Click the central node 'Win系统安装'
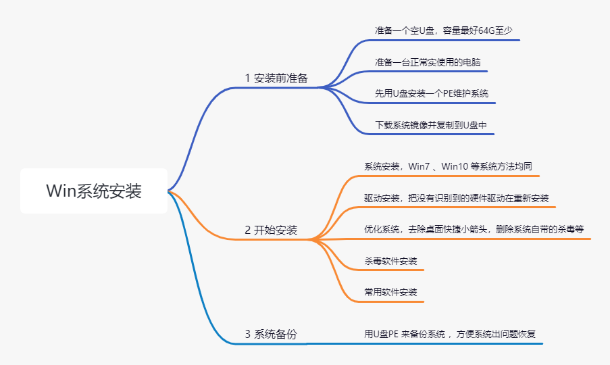tap(94, 191)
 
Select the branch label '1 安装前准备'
tap(276, 78)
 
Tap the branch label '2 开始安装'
tap(271, 230)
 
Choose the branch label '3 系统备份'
tap(271, 334)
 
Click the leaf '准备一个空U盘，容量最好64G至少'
tap(447, 30)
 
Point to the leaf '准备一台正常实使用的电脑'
tap(428, 62)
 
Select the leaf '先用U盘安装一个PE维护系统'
tap(432, 93)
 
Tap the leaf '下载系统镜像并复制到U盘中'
tap(431, 125)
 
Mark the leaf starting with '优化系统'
tap(474, 229)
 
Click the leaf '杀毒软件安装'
tap(390, 261)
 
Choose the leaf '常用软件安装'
tap(390, 292)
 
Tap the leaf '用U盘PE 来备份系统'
tap(450, 334)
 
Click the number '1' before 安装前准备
tap(247, 78)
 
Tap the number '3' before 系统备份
tap(247, 334)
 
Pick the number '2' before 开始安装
tap(247, 230)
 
